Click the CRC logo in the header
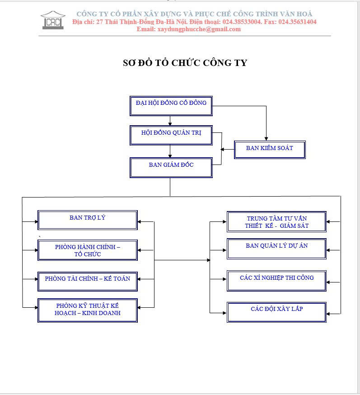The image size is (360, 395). coord(53,20)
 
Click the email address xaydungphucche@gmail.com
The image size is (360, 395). coord(199,29)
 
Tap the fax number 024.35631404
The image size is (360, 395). coord(297,22)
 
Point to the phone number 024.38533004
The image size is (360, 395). coord(242,22)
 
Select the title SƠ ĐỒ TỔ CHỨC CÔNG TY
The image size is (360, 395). coord(185,63)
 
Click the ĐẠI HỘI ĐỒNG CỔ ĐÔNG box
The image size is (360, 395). coord(171,106)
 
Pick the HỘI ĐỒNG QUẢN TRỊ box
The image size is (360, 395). coord(171,135)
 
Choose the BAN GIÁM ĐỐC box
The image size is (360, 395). coord(171,168)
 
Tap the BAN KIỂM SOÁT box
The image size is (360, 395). coord(270,150)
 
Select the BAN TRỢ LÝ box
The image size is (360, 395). coord(88,220)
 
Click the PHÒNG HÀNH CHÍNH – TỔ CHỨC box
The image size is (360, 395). coord(88,250)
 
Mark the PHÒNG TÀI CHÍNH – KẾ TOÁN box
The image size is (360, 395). coord(88,282)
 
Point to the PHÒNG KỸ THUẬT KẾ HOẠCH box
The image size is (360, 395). coord(88,310)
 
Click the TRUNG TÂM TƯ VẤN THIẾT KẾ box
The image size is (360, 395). coord(277,222)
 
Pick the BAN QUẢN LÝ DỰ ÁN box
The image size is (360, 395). coord(277,249)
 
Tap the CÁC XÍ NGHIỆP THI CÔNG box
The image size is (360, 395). coord(277,281)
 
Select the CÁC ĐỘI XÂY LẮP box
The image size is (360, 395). coord(277,312)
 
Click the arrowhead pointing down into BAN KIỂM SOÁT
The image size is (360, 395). coord(266,139)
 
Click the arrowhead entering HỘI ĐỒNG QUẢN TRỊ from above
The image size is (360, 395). coord(170,124)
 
